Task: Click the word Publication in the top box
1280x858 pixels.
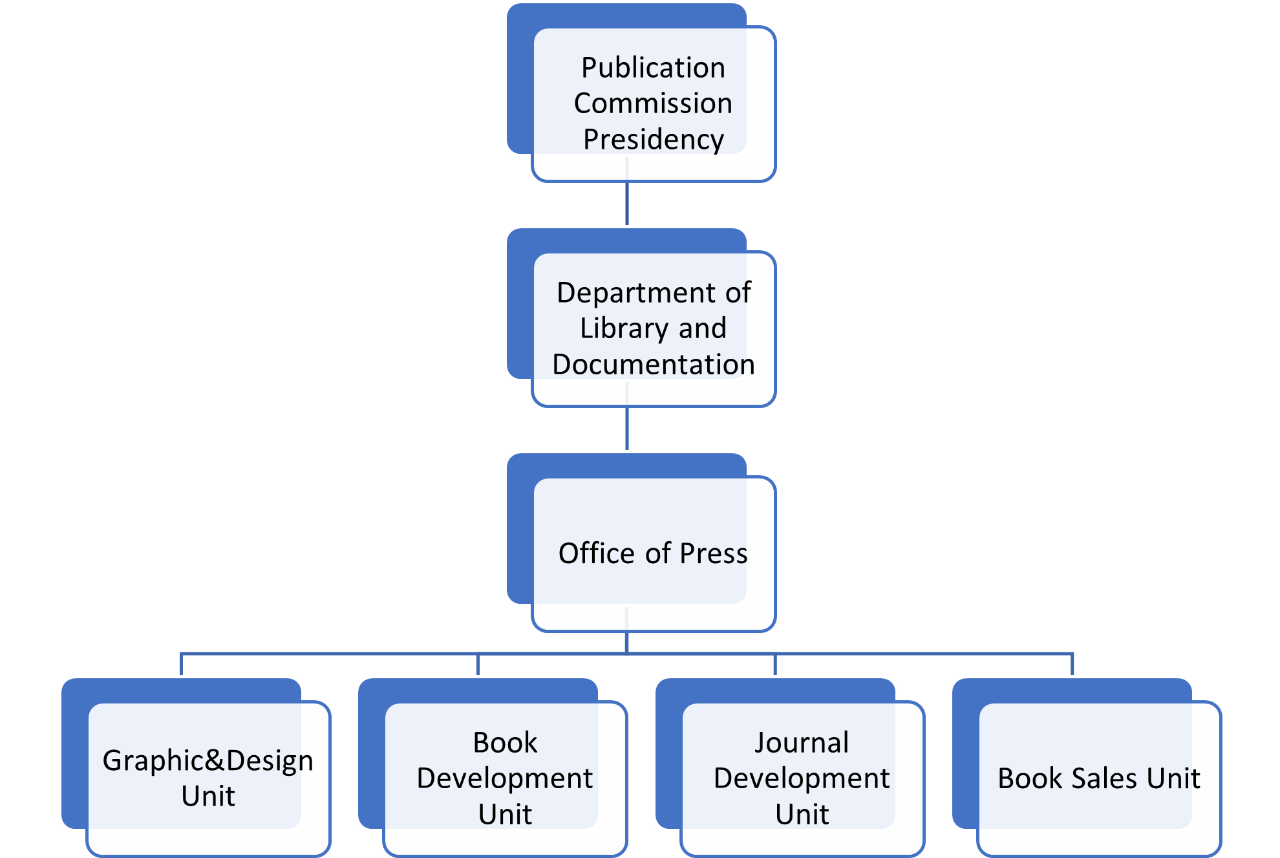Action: (653, 68)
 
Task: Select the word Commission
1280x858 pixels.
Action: (653, 103)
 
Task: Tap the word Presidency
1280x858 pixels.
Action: (653, 140)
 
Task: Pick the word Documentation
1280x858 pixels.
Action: (653, 365)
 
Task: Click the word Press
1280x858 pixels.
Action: (714, 553)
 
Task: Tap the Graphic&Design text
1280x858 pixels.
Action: (208, 760)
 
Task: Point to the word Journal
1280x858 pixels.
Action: (802, 743)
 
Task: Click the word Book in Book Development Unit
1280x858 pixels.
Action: (505, 743)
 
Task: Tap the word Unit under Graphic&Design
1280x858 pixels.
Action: (208, 796)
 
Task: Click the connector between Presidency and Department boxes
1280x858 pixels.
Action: (627, 204)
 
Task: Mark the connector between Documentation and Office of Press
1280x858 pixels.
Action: (627, 429)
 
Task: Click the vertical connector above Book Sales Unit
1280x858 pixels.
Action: (1072, 665)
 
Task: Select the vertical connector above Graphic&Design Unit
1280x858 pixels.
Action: (181, 665)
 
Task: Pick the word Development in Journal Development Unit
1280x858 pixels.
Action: (802, 778)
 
